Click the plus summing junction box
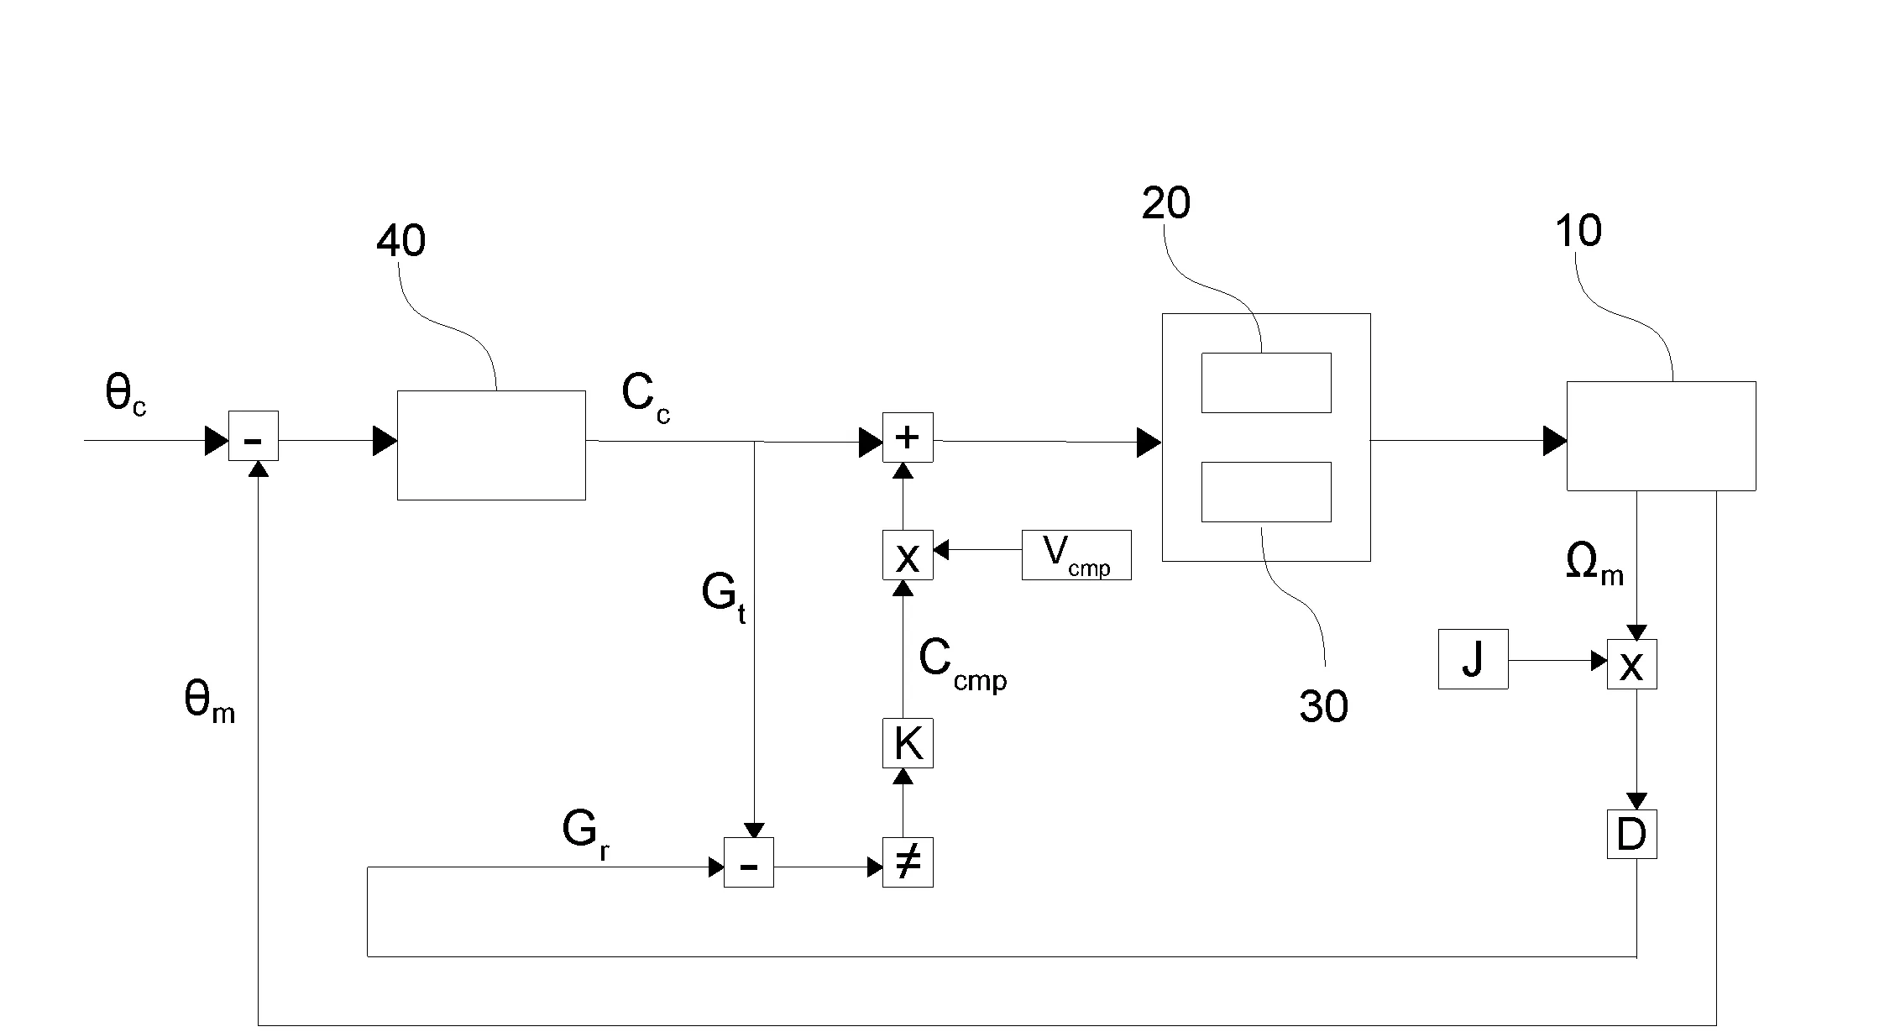pyautogui.click(x=908, y=437)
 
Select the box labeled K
pyautogui.click(x=908, y=743)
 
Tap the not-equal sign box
pyautogui.click(x=908, y=862)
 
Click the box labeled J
pyautogui.click(x=1473, y=659)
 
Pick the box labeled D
pyautogui.click(x=1631, y=834)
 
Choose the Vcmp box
pyautogui.click(x=1076, y=554)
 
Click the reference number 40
pyautogui.click(x=400, y=242)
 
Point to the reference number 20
pyautogui.click(x=1165, y=204)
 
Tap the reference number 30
pyautogui.click(x=1323, y=707)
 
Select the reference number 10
pyautogui.click(x=1578, y=231)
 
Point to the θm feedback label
pyautogui.click(x=209, y=701)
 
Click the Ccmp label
pyautogui.click(x=962, y=663)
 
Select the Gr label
pyautogui.click(x=585, y=836)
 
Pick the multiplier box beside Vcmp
pyautogui.click(x=908, y=554)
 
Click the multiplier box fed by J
pyautogui.click(x=1631, y=664)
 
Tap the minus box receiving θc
pyautogui.click(x=253, y=436)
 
